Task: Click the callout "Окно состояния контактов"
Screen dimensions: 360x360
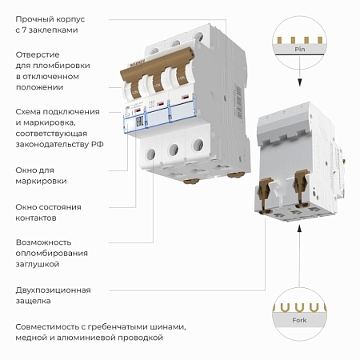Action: (48, 213)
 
